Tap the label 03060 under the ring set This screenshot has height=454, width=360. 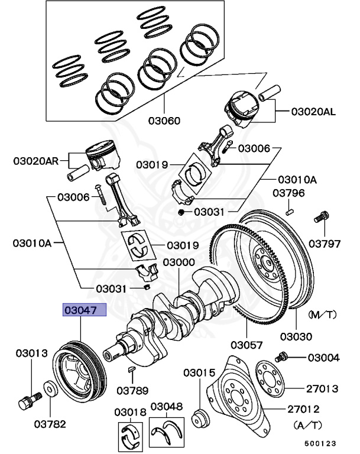[164, 121]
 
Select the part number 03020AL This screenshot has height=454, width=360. [313, 112]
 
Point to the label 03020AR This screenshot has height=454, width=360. [36, 161]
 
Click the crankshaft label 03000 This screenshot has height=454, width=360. [179, 262]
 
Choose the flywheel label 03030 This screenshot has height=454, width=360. [296, 336]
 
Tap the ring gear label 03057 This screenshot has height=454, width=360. [247, 345]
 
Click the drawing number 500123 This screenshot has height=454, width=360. [320, 443]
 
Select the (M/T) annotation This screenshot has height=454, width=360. [322, 314]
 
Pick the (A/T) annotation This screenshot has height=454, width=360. [307, 426]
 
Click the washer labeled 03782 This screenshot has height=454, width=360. [50, 390]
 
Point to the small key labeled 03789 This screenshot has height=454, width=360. [131, 369]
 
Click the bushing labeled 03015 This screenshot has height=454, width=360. [200, 418]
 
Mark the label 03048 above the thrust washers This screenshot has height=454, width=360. [167, 406]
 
